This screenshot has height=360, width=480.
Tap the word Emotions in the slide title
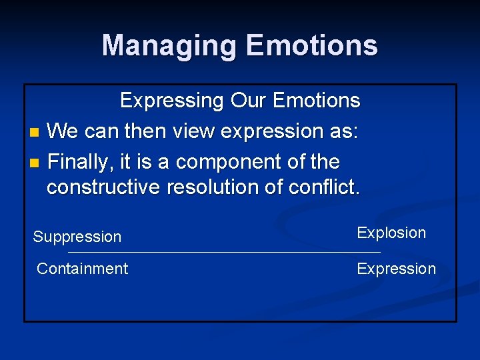coord(311,45)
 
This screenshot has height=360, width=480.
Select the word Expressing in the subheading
coord(172,101)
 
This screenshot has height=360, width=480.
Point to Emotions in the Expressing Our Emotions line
coord(317,101)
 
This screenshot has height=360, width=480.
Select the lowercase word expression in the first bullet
coord(277,131)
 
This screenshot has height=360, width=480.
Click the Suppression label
coord(77,237)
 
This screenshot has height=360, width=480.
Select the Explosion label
coord(391,233)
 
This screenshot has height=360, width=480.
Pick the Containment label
coord(82,269)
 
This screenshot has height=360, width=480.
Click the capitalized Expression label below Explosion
coord(396,269)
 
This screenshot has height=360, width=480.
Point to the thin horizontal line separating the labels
coord(224,253)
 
